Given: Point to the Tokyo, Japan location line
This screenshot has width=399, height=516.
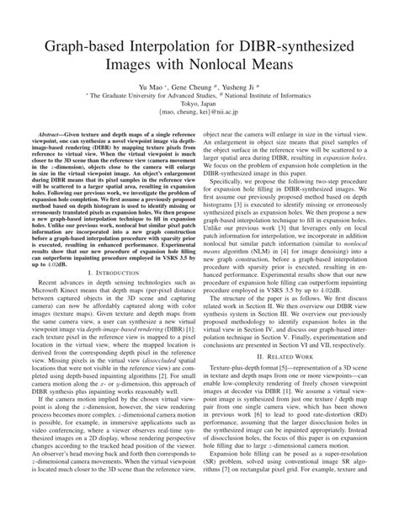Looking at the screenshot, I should pyautogui.click(x=199, y=130).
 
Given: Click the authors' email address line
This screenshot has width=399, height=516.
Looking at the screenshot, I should pyautogui.click(x=199, y=141).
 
